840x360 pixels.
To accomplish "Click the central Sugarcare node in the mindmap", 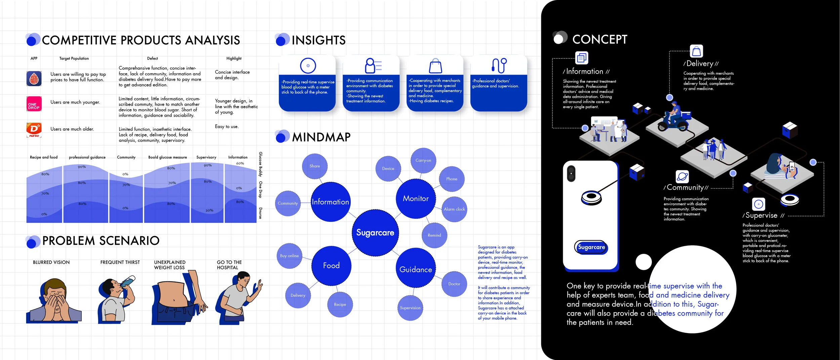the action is click(375, 233).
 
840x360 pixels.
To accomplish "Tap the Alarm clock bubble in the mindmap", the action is click(454, 209).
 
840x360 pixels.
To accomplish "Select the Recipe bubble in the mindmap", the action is click(340, 305).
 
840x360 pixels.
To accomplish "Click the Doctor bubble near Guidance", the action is click(454, 284).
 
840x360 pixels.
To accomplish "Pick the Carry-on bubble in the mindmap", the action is click(423, 160).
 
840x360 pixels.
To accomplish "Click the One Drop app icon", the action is click(34, 104).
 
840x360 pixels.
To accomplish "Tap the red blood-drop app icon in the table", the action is click(34, 79).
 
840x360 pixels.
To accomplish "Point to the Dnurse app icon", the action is click(34, 130).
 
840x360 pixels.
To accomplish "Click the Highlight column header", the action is click(234, 58).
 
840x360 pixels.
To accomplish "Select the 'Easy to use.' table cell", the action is click(226, 127).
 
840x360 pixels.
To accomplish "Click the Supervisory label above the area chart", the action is click(206, 157).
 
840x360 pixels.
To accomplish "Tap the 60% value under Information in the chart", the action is click(240, 163).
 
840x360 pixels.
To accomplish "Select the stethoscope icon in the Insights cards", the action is click(499, 65).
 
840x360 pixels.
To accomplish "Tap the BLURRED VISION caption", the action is click(51, 263).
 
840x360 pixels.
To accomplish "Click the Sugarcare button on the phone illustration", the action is click(591, 247).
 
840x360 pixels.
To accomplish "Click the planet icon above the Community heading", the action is click(682, 176).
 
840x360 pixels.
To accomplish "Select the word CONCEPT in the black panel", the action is click(600, 39).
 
